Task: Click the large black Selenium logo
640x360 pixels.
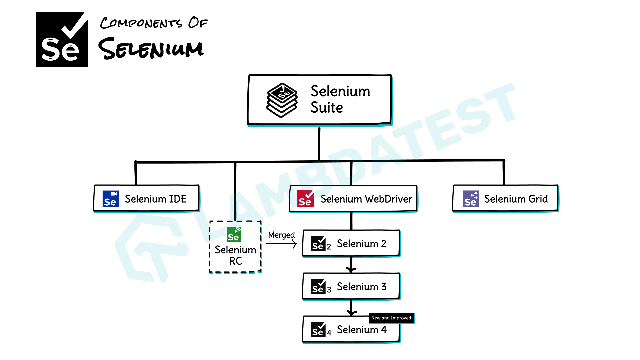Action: coord(62,39)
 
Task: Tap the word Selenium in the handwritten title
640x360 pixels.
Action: coord(151,49)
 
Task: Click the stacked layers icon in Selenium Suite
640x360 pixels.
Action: coord(282,100)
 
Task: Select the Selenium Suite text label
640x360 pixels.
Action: coord(340,99)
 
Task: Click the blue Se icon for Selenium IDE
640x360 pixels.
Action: coord(110,199)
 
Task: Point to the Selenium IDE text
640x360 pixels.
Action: coord(155,199)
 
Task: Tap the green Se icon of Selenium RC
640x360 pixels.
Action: coord(234,234)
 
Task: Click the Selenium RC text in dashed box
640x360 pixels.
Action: coord(235,255)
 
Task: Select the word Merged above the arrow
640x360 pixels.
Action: coord(281,235)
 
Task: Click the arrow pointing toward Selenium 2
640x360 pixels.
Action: coord(282,244)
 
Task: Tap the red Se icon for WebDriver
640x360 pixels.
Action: coord(305,199)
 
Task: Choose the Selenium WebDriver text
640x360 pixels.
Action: coord(366,199)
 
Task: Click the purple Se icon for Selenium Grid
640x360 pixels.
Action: coord(471,199)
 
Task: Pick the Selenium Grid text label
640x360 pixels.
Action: coord(516,199)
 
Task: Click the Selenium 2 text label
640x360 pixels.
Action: coord(361,244)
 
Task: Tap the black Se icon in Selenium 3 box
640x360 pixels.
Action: coord(318,286)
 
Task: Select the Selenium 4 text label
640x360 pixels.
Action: coord(361,330)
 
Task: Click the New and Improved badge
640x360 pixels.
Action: coord(391,318)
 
